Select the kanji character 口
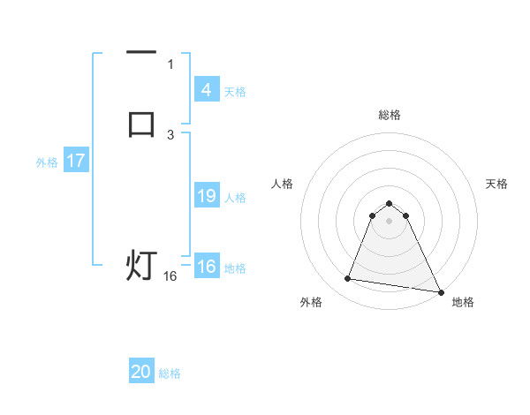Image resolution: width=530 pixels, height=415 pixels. click(141, 124)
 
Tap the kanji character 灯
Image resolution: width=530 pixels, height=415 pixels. click(141, 265)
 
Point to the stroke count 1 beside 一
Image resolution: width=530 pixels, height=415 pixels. click(170, 64)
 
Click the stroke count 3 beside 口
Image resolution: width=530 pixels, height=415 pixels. click(170, 134)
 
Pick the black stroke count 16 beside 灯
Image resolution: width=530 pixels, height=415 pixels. click(170, 276)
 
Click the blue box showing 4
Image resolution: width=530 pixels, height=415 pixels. click(206, 90)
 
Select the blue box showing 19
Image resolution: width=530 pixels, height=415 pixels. click(206, 196)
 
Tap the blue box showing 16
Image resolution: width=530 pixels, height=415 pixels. click(206, 268)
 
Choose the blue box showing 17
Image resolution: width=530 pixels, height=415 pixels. click(75, 161)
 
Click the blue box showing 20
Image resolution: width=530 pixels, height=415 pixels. click(140, 373)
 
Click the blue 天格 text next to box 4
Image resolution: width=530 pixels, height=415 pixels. click(235, 92)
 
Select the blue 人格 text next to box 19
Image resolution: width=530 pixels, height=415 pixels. click(236, 198)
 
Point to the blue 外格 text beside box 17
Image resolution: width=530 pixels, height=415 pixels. click(47, 162)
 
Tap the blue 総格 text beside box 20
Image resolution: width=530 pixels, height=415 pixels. click(170, 374)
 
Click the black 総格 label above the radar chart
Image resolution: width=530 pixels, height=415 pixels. click(390, 115)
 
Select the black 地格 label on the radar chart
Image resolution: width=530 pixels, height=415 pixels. click(463, 302)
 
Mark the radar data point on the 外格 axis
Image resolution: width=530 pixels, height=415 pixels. click(348, 279)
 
